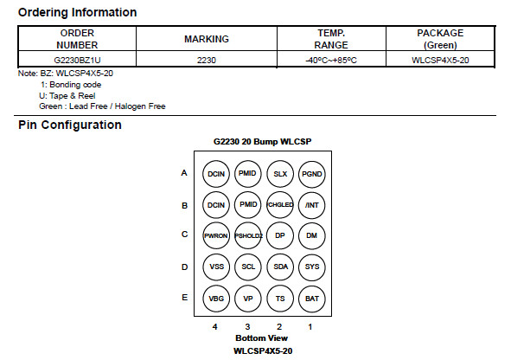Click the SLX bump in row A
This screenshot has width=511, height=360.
point(280,174)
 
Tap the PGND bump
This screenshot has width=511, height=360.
point(312,174)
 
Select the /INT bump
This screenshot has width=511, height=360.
point(312,205)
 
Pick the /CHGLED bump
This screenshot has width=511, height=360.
point(280,205)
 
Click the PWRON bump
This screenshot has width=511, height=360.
point(216,235)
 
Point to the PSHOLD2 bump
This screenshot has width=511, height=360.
point(248,235)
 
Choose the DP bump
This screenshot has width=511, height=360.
point(280,235)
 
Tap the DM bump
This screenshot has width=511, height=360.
point(312,235)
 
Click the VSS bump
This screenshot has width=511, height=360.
point(216,267)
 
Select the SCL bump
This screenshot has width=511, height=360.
point(248,267)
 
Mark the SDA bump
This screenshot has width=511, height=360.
point(280,267)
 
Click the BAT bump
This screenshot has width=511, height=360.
point(312,299)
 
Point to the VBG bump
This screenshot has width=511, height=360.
point(216,299)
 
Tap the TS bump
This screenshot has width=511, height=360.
point(280,299)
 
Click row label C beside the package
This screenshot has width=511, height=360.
point(184,235)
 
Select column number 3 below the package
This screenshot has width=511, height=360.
point(247,327)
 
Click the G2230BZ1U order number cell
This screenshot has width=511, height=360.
point(77,60)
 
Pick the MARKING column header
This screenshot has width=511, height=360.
point(207,39)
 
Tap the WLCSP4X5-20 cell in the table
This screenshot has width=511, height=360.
point(440,60)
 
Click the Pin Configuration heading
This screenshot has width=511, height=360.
point(70,125)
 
